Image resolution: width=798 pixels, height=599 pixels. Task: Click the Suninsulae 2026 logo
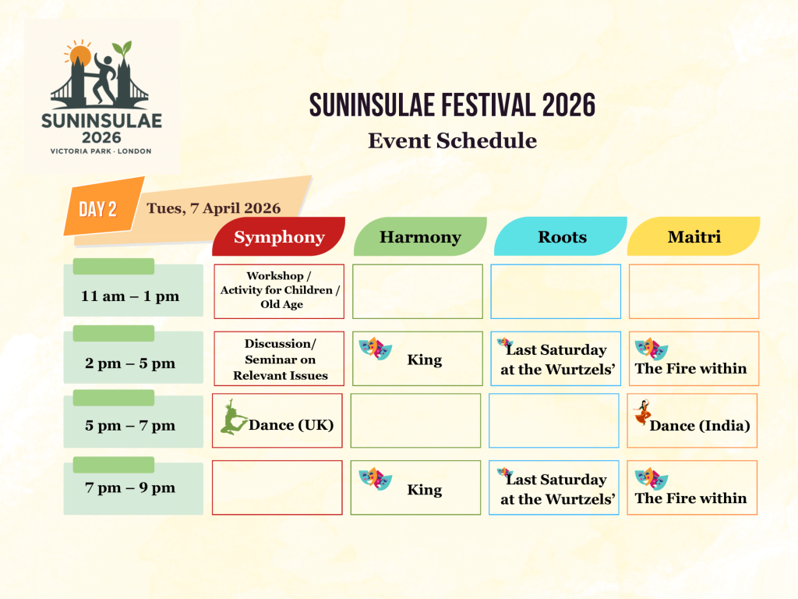pyautogui.click(x=102, y=97)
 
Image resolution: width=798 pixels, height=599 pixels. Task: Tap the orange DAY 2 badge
pyautogui.click(x=98, y=209)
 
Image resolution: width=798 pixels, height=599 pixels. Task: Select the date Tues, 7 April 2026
pyautogui.click(x=214, y=208)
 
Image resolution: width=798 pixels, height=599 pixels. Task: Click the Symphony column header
pyautogui.click(x=279, y=237)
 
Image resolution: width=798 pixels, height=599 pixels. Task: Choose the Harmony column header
pyautogui.click(x=420, y=237)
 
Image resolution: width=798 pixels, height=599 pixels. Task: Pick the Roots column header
pyautogui.click(x=562, y=237)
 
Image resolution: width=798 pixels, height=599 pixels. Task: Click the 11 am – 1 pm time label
pyautogui.click(x=130, y=296)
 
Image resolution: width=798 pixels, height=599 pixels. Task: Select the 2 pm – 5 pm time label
pyautogui.click(x=130, y=363)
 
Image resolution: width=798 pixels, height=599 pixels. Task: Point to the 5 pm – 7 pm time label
pyautogui.click(x=130, y=426)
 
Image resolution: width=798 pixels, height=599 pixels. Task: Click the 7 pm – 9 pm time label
pyautogui.click(x=130, y=488)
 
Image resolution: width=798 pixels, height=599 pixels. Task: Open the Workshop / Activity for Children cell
pyautogui.click(x=279, y=291)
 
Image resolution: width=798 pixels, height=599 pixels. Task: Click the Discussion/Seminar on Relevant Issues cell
pyautogui.click(x=279, y=359)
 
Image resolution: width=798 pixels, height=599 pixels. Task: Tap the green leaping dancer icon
pyautogui.click(x=232, y=417)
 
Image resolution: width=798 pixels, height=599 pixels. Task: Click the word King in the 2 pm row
pyautogui.click(x=425, y=360)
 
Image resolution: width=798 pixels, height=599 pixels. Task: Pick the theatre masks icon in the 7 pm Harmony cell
pyautogui.click(x=375, y=479)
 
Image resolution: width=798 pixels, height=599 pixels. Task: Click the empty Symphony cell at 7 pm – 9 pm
pyautogui.click(x=277, y=487)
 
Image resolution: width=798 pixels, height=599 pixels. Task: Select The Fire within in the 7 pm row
pyautogui.click(x=690, y=498)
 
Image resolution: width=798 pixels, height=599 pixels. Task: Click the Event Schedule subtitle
pyautogui.click(x=452, y=141)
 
